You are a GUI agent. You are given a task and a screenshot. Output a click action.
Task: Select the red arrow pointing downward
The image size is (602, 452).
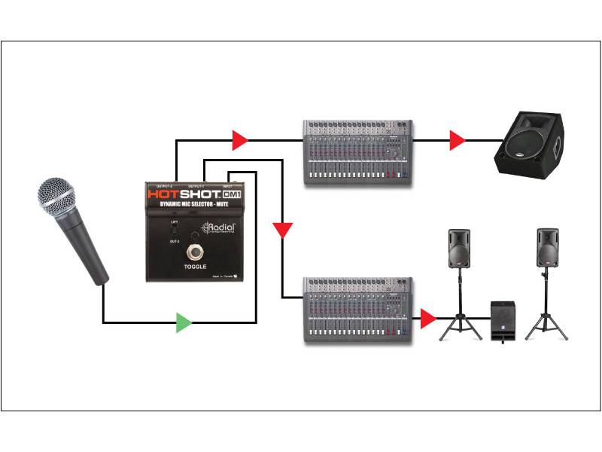pyautogui.click(x=282, y=229)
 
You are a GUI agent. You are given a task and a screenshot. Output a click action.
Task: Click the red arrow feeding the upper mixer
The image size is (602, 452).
pyautogui.click(x=239, y=139)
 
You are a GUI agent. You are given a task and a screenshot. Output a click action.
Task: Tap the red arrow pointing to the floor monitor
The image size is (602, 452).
pyautogui.click(x=457, y=139)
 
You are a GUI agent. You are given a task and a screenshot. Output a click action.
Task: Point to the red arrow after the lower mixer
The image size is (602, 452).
pyautogui.click(x=427, y=319)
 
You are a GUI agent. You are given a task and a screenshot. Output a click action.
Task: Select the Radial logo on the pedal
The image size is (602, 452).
pyautogui.click(x=217, y=229)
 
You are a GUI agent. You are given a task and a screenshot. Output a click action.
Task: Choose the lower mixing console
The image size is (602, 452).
pyautogui.click(x=359, y=310)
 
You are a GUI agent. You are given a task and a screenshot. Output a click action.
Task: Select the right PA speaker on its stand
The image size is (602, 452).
pyautogui.click(x=547, y=249)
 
